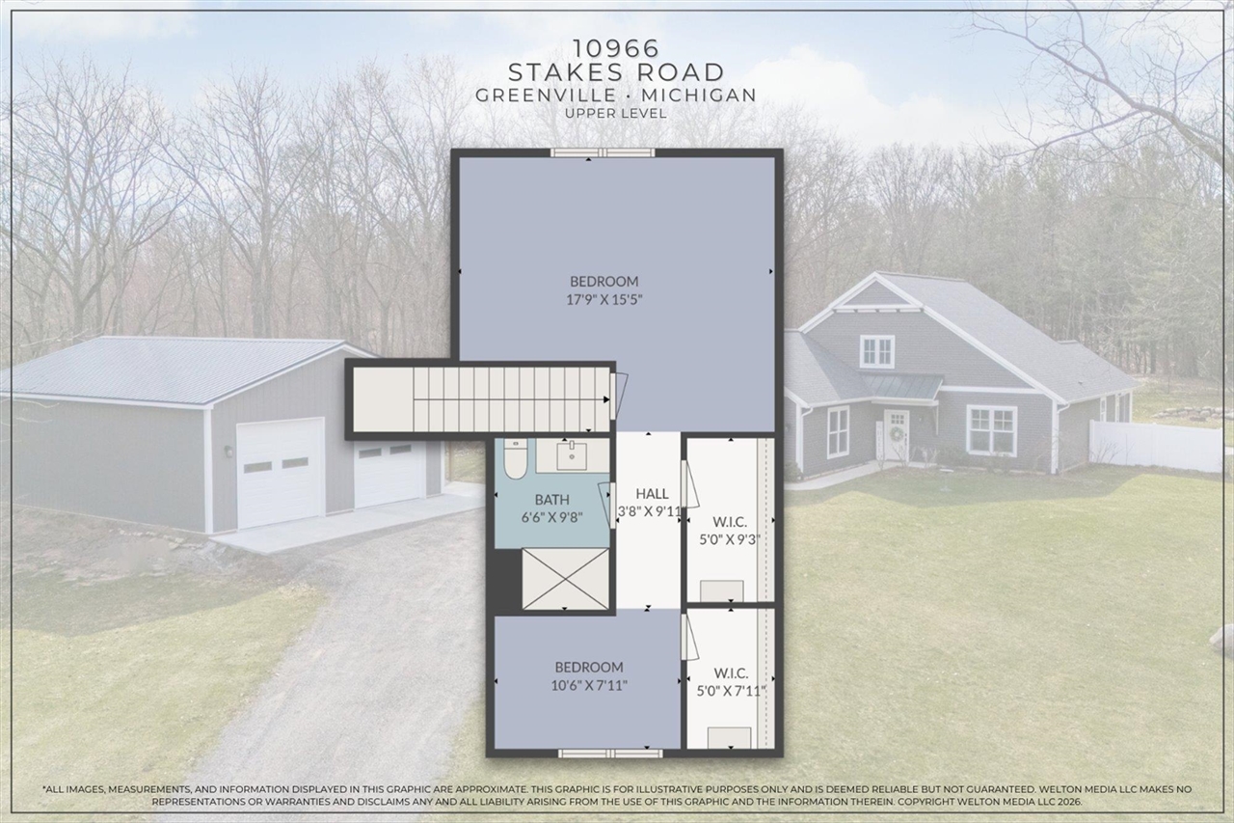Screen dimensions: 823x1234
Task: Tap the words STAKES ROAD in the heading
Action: point(616,72)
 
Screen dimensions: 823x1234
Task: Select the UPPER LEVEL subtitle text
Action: point(616,113)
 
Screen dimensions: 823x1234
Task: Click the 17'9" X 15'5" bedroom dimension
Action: point(604,299)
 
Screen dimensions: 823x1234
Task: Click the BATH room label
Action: point(551,499)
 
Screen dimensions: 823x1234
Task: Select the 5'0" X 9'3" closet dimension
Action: point(730,539)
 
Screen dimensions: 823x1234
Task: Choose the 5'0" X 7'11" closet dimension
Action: point(730,690)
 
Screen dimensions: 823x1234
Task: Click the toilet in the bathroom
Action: point(514,460)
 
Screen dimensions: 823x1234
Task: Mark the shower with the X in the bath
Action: point(565,579)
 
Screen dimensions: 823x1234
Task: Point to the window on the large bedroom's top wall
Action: point(603,151)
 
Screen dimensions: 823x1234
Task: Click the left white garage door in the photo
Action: point(280,472)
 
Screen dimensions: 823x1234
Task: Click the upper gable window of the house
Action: point(876,351)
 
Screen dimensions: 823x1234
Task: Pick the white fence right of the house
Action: point(1157,446)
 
